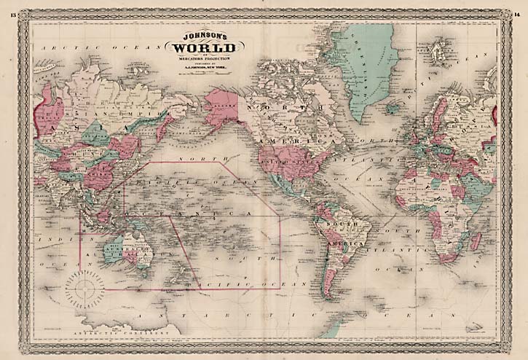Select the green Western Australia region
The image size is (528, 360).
click(113, 251)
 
